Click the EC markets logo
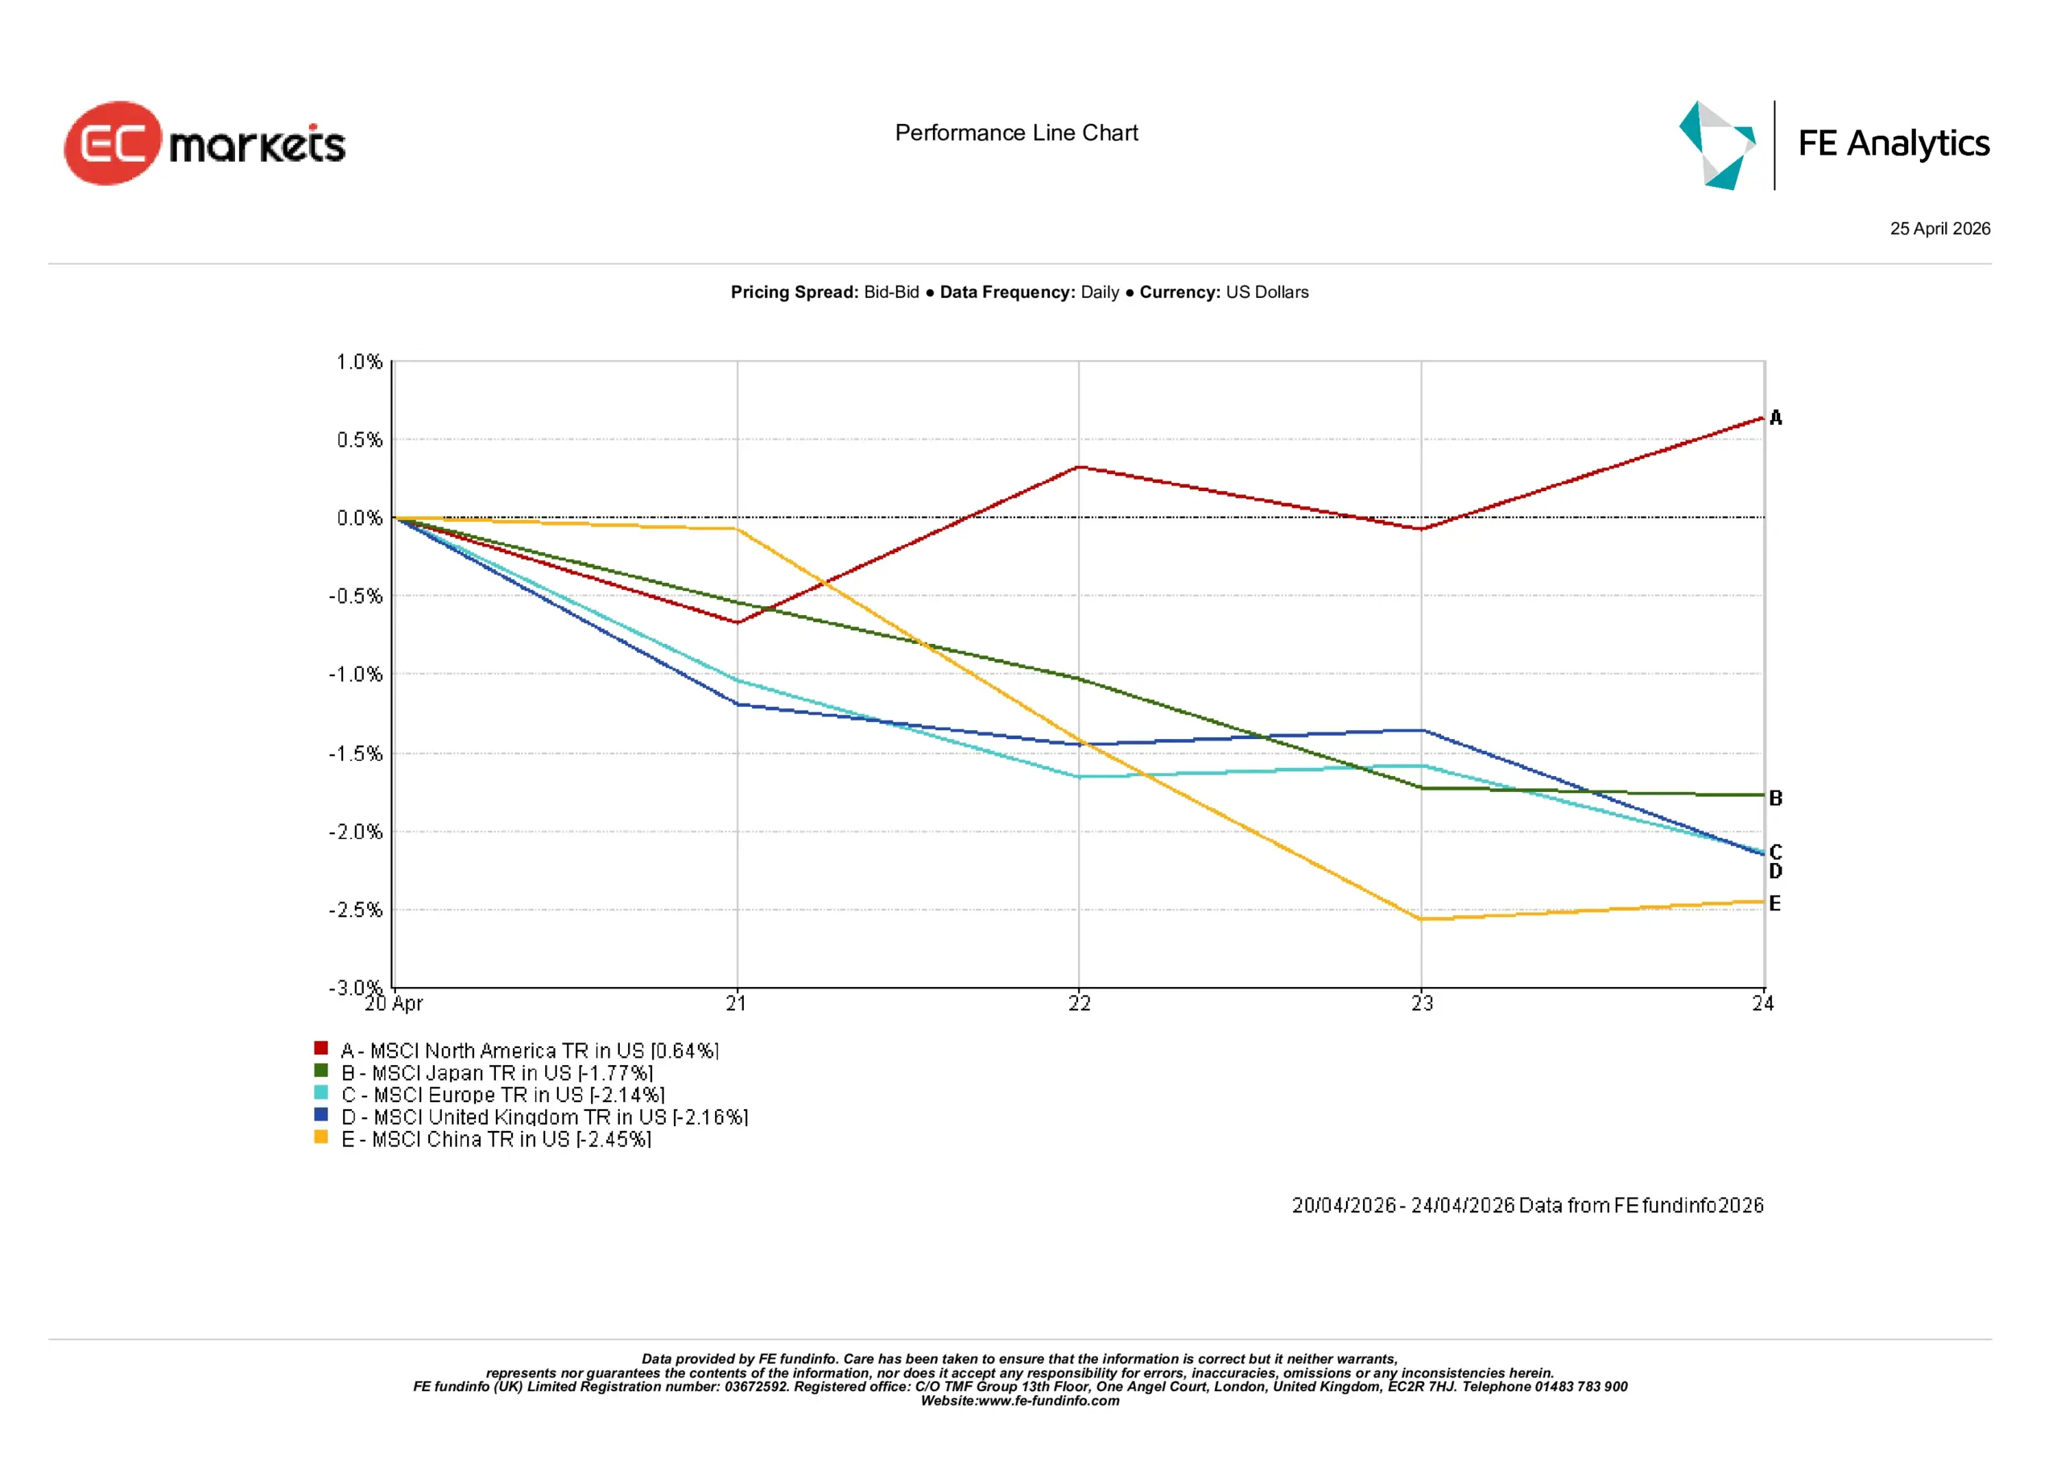coord(204,143)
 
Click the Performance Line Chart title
coord(1016,133)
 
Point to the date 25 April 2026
coord(1939,229)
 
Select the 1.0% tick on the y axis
coord(359,361)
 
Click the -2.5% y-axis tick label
coord(356,910)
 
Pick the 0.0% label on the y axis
coord(359,518)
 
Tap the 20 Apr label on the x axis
coord(393,1004)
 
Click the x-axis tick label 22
coord(1079,1004)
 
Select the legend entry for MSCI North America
coord(530,1050)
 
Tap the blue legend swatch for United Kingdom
coord(320,1115)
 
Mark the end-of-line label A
coord(1775,418)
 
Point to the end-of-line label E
coord(1774,903)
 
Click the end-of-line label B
coord(1775,798)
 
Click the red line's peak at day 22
coord(1079,467)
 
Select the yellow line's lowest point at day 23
coord(1422,918)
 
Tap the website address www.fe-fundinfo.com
coord(1048,1401)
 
